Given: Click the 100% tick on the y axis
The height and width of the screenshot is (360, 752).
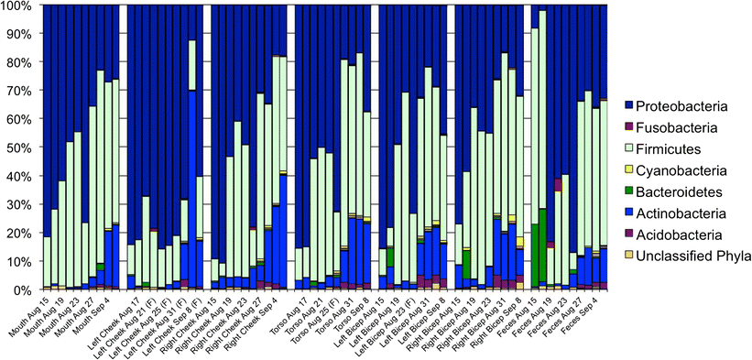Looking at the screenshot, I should tap(18, 7).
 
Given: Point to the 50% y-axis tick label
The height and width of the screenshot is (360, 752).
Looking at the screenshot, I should tap(20, 147).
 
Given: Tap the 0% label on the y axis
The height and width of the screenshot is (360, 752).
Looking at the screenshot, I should tap(24, 289).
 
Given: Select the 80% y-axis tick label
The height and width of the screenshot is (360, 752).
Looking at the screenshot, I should tap(20, 63).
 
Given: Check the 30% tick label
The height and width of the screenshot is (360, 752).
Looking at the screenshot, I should tap(20, 204).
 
